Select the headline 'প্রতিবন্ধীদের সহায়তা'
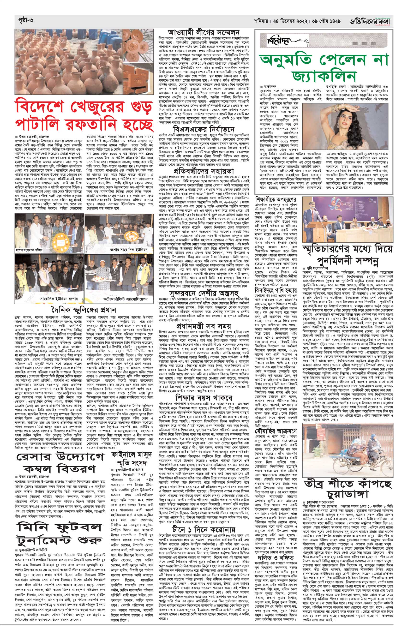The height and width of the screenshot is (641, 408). (x=203, y=171)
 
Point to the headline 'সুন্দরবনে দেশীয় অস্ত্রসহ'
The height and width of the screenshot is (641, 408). (x=203, y=294)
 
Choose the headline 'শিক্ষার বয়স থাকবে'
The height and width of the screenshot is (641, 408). (x=203, y=390)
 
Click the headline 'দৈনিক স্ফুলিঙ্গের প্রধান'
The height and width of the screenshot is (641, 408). (x=84, y=310)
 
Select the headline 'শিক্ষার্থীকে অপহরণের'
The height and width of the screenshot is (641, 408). (x=276, y=199)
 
